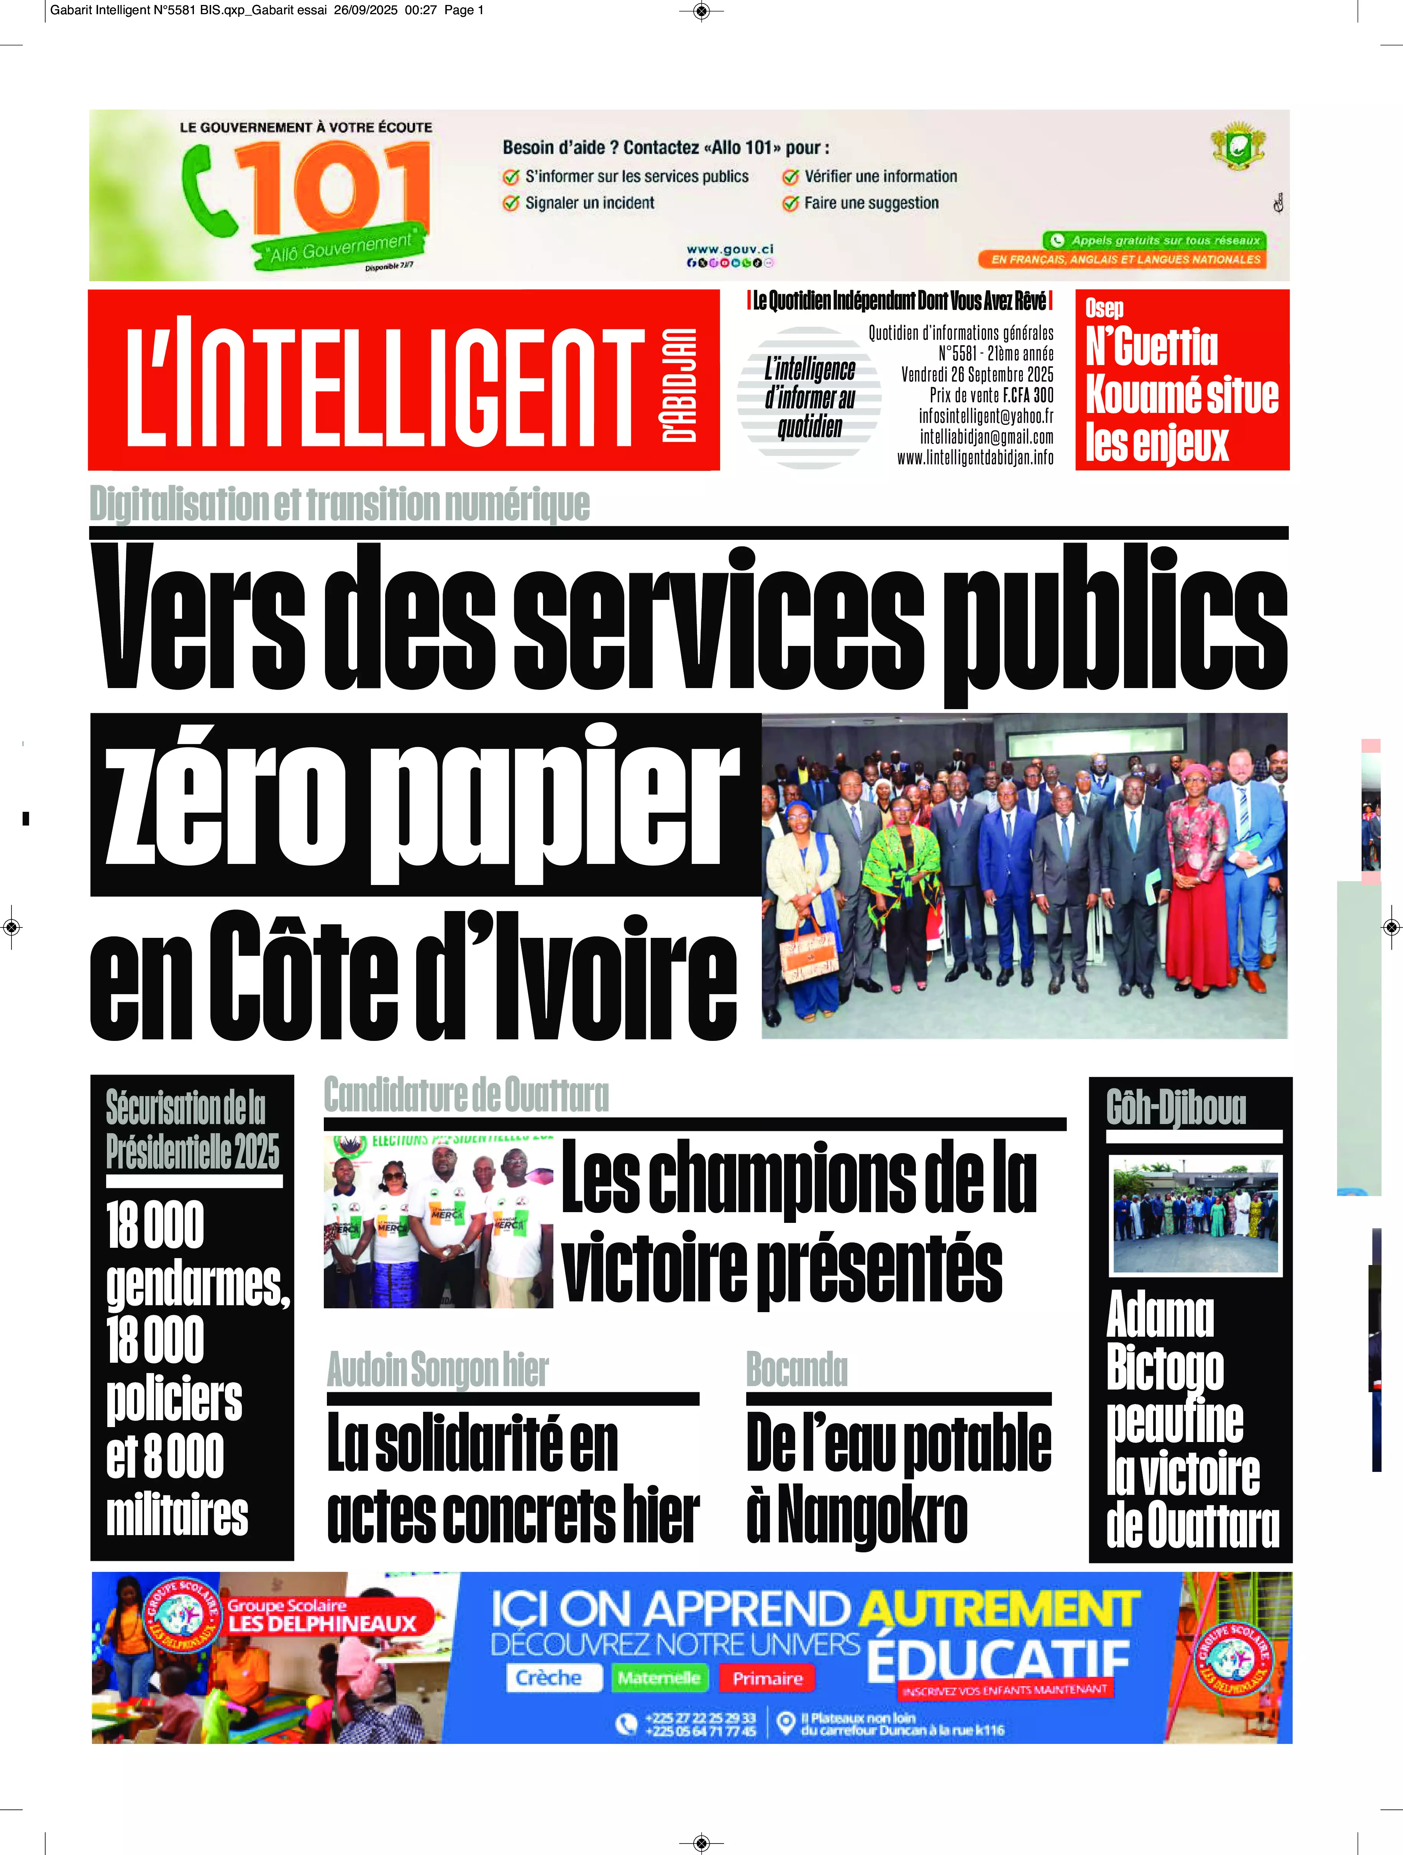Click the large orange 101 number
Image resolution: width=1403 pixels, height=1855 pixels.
pos(340,189)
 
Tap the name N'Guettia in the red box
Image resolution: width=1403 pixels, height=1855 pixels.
pos(1151,346)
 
